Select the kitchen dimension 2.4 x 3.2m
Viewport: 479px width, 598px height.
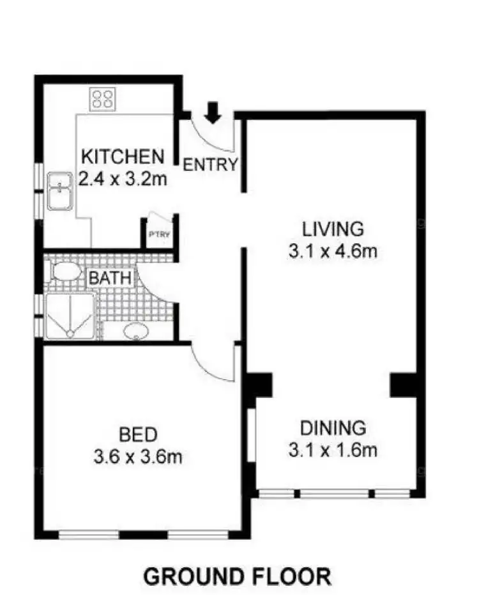coord(123,178)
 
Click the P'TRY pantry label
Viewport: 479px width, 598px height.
coord(158,234)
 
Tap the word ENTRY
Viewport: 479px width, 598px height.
coord(210,165)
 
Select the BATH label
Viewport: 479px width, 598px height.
coord(111,279)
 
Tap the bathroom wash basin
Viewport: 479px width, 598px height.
coord(135,331)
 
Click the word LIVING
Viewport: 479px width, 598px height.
coord(333,228)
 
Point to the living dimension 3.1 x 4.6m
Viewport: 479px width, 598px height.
coord(333,250)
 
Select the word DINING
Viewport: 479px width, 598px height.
coord(333,427)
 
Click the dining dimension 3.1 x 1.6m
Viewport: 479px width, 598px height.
coord(333,450)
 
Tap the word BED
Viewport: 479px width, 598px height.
coord(139,436)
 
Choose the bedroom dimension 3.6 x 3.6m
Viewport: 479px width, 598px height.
coord(139,457)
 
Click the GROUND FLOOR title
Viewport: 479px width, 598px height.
coord(238,576)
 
